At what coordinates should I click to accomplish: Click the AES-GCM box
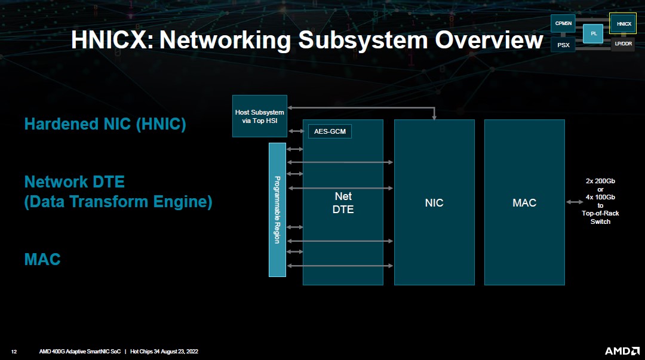coord(330,131)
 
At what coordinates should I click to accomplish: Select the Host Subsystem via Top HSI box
coord(259,116)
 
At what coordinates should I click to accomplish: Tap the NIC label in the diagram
coord(434,203)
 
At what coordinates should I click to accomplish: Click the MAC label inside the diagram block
coord(524,203)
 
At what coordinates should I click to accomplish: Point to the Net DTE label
coord(343,203)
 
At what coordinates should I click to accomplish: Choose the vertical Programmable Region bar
coord(277,210)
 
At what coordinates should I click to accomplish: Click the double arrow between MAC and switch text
coord(574,202)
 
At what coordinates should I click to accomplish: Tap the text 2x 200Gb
coord(600,181)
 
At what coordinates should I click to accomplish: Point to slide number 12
coord(14,352)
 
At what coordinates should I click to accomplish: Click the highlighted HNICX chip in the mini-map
coord(623,24)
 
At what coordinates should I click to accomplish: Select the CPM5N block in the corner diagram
coord(563,23)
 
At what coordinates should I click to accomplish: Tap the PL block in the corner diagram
coord(594,33)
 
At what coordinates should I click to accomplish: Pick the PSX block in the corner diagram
coord(563,45)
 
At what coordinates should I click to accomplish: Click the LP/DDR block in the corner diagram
coord(623,44)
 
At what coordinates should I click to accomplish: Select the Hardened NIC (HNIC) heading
coord(105,124)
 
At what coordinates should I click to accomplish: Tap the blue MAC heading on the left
coord(42,260)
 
